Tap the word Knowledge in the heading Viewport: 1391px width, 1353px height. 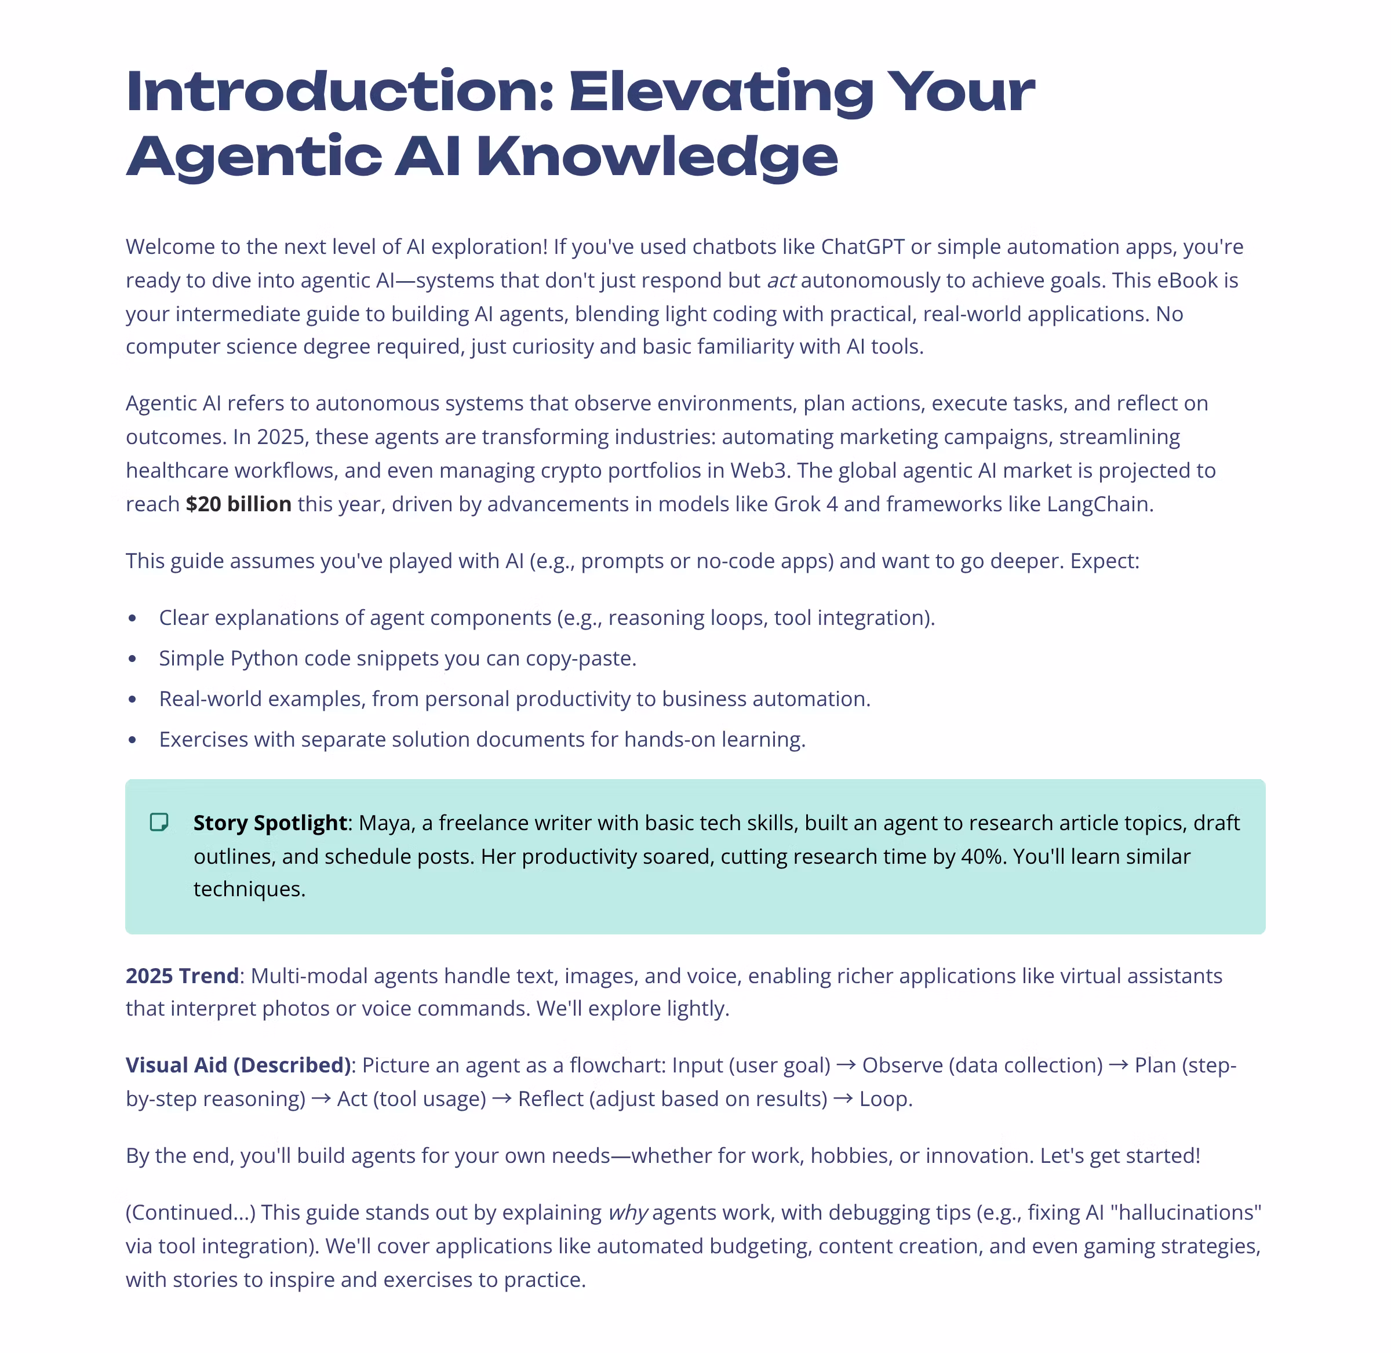(x=657, y=157)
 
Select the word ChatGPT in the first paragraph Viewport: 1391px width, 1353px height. (x=862, y=246)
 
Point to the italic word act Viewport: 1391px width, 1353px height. (x=781, y=281)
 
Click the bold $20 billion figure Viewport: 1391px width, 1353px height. (x=238, y=504)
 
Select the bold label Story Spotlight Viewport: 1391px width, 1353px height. (x=270, y=823)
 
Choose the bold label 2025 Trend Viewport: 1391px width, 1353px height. (x=182, y=976)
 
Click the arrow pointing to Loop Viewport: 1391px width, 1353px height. (x=843, y=1099)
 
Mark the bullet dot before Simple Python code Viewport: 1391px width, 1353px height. (x=132, y=659)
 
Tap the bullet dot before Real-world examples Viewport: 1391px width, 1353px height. (x=132, y=699)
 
